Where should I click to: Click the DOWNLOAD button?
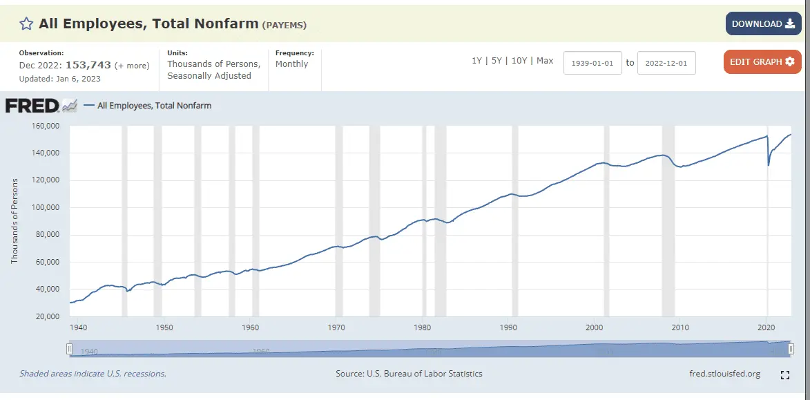[x=762, y=23]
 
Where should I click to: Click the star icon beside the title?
[x=26, y=24]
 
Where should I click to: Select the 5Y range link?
[x=497, y=61]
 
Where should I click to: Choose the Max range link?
[x=545, y=61]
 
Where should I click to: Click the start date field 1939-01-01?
[x=592, y=62]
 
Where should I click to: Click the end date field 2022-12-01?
[x=666, y=62]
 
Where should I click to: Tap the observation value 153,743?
[x=88, y=65]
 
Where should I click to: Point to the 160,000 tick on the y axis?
[x=46, y=126]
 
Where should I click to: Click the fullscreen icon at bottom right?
[x=784, y=375]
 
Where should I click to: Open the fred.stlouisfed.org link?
[x=725, y=374]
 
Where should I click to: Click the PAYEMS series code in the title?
[x=285, y=25]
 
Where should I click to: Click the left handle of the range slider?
[x=69, y=350]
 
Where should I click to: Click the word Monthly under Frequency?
[x=291, y=64]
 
